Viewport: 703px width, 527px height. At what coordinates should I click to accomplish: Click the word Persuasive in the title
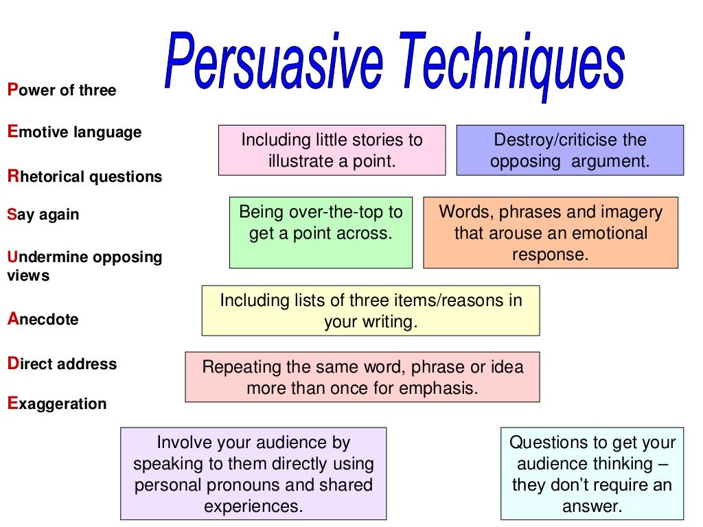click(273, 62)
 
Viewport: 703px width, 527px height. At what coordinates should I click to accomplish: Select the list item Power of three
click(62, 90)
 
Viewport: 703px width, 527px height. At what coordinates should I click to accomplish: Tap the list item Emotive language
click(74, 132)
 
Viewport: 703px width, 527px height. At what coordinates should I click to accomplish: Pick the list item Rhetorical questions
click(84, 176)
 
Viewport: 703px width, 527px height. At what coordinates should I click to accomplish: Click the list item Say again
click(43, 214)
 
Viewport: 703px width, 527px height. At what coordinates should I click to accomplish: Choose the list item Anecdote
click(43, 319)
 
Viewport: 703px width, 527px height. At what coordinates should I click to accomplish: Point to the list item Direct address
click(62, 364)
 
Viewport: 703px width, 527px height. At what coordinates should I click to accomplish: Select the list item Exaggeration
click(57, 403)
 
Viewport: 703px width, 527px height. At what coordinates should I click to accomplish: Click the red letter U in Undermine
click(12, 257)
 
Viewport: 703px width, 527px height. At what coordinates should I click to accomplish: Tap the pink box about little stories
click(332, 150)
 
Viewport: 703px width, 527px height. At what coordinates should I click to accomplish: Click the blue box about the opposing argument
click(570, 150)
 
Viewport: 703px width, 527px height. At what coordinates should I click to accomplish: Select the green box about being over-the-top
click(321, 232)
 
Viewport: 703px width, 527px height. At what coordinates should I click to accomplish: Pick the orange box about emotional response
click(551, 232)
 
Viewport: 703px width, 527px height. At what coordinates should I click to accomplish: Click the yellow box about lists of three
click(371, 311)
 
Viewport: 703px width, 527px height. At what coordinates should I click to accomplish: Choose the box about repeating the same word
click(362, 377)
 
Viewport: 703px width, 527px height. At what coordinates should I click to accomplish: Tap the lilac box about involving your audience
click(253, 473)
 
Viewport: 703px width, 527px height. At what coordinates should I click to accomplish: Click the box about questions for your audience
click(592, 473)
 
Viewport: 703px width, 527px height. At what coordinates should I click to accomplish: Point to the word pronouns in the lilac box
click(248, 484)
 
